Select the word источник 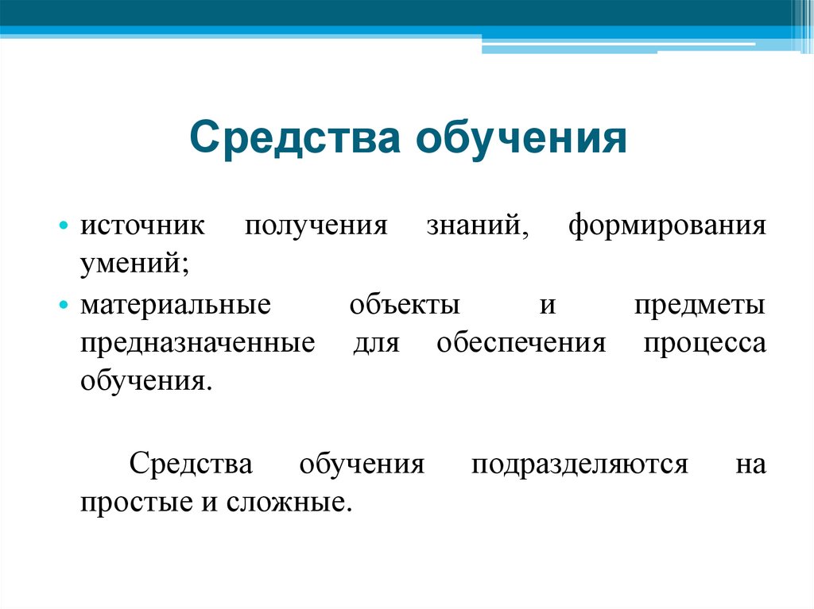[x=141, y=225]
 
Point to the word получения [x=316, y=225]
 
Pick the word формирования [x=667, y=225]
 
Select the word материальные [x=175, y=306]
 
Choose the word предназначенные [x=196, y=345]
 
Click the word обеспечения [x=521, y=345]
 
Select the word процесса [x=705, y=345]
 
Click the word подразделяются [x=579, y=464]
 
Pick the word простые [x=126, y=503]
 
